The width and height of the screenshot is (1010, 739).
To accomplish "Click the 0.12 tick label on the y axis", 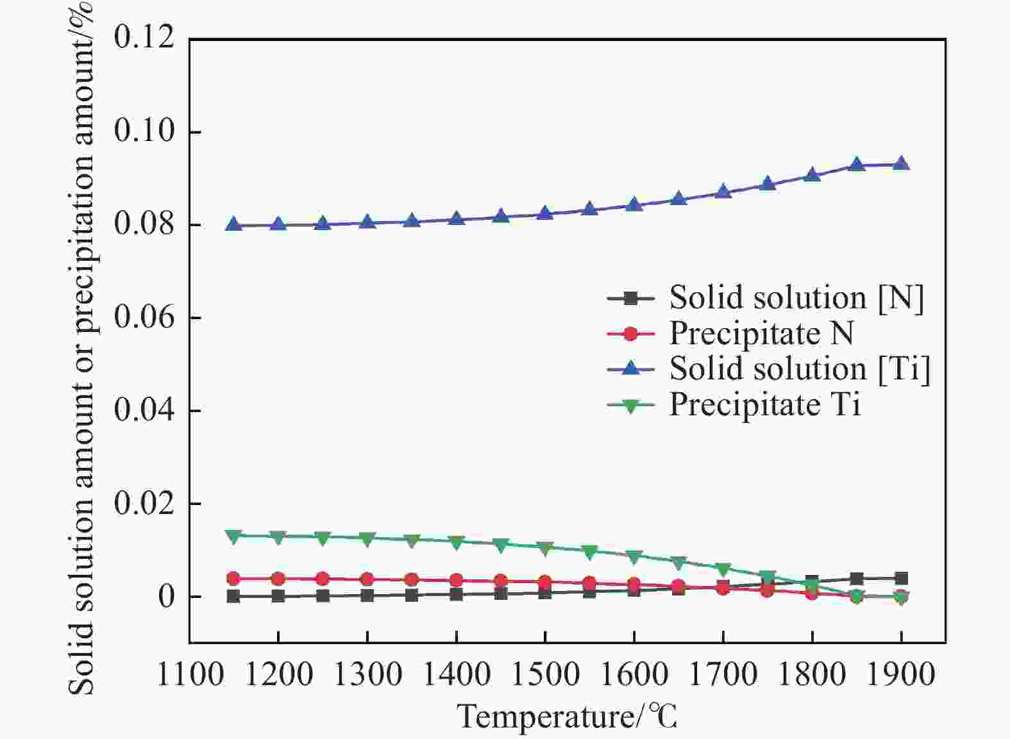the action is point(144,37).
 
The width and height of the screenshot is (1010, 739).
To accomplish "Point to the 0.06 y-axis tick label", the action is point(144,317).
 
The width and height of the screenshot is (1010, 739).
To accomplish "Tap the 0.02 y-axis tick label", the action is point(144,503).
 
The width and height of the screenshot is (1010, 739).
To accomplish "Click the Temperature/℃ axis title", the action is point(568,717).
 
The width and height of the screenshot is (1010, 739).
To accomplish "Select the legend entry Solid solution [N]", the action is point(796,298).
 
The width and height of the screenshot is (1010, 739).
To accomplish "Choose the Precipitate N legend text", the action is point(762,333).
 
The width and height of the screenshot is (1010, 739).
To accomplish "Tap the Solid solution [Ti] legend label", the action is point(800,369).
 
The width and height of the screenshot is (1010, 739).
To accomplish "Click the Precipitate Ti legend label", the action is point(765,404).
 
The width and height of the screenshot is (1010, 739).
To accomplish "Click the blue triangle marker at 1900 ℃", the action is point(901,164).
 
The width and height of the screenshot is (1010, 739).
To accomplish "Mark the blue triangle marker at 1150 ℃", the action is point(233,224).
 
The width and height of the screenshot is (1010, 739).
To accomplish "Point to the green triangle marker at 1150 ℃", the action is point(233,536).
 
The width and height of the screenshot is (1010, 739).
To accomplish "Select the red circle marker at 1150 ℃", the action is point(233,578).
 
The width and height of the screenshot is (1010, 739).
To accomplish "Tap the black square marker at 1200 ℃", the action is point(278,596).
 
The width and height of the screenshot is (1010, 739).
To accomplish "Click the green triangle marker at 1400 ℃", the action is point(457,542).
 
